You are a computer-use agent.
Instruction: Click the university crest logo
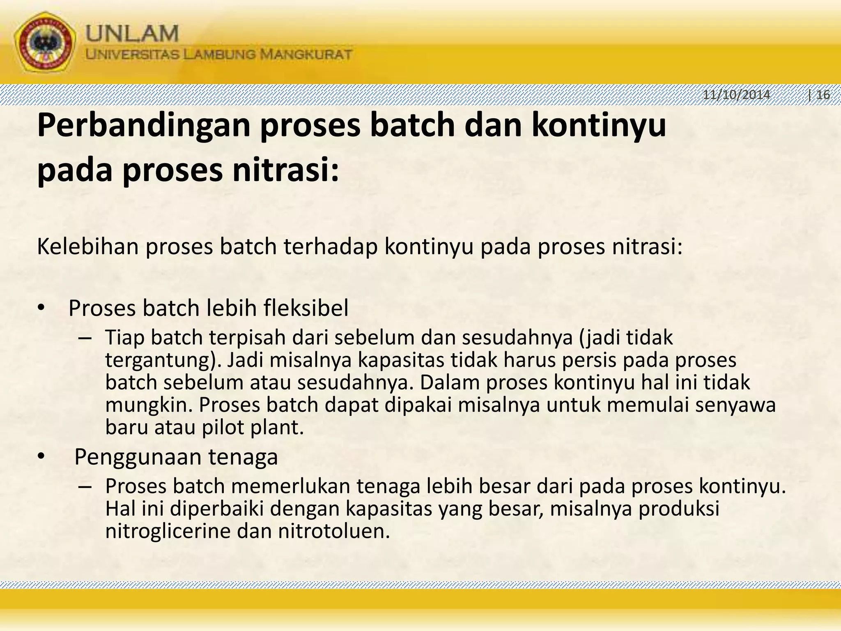(45, 42)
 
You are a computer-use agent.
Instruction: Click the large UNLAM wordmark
(132, 33)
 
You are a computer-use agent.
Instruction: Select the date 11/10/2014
(736, 95)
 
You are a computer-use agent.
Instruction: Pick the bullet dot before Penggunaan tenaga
(41, 457)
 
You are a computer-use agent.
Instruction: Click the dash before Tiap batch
(84, 338)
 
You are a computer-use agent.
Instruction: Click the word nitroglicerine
(168, 531)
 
